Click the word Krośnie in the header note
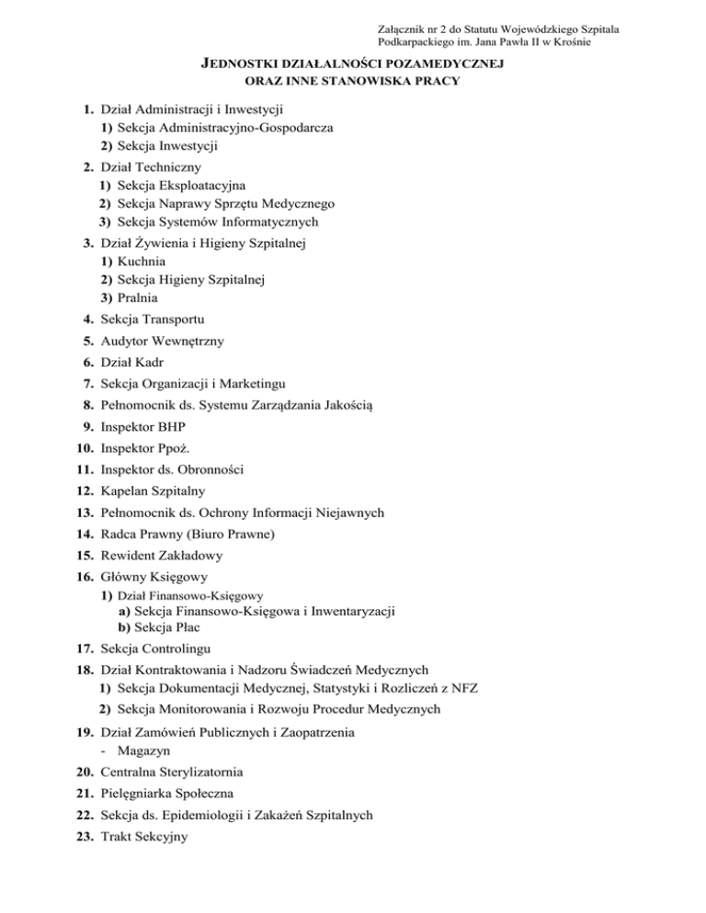tap(596, 44)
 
